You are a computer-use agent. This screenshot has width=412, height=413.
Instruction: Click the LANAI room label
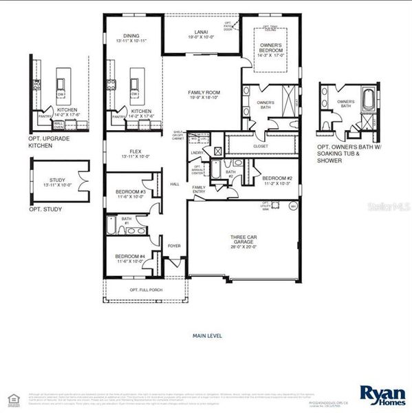[202, 32]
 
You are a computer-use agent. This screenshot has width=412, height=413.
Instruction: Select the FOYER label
[174, 245]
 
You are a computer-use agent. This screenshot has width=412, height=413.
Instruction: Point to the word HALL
[175, 184]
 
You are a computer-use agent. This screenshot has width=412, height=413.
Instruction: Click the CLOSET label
[261, 146]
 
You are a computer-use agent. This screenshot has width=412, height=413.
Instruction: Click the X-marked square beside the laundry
[218, 151]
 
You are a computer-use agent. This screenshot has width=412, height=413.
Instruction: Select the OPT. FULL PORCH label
[146, 290]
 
